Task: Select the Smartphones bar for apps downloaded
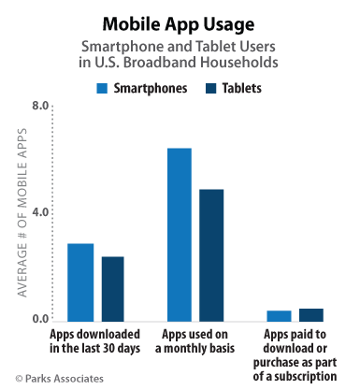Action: pos(80,282)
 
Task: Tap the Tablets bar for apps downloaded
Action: pos(113,288)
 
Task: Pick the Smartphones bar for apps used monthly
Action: pos(180,234)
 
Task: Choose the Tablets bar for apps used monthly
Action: pos(212,254)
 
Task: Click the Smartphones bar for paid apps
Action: pos(279,315)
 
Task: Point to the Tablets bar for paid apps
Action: pos(311,314)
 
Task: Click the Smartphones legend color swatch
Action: pos(102,89)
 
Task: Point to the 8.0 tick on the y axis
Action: pos(40,107)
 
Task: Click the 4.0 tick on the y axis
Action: pos(40,213)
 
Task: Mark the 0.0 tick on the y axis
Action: pos(40,320)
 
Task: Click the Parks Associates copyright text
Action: pos(60,378)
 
